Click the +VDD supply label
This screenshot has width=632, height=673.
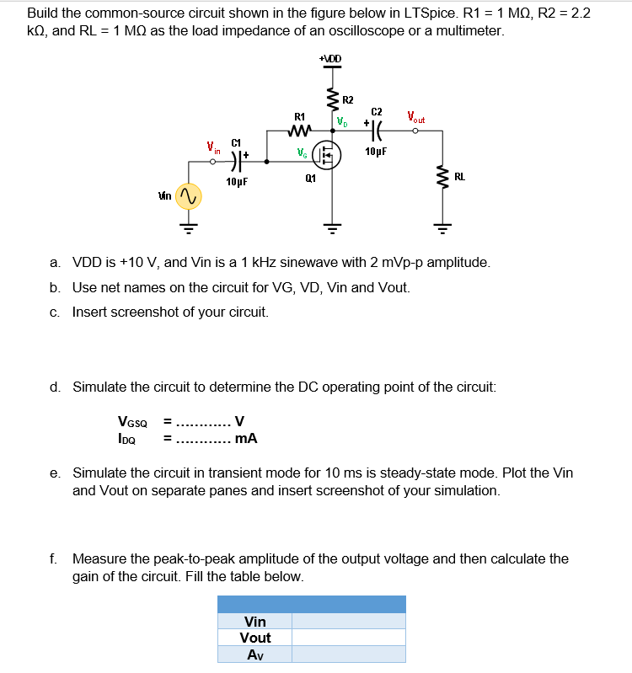click(330, 58)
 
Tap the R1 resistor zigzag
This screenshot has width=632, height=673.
click(300, 131)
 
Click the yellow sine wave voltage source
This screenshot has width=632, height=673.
click(188, 196)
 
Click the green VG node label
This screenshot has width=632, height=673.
click(302, 152)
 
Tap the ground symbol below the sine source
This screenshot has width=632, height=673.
click(188, 226)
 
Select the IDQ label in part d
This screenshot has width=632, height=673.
click(128, 438)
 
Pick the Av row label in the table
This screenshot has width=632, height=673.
click(254, 654)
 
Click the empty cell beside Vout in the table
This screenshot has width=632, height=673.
click(348, 638)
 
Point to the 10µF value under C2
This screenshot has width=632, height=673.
click(376, 152)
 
